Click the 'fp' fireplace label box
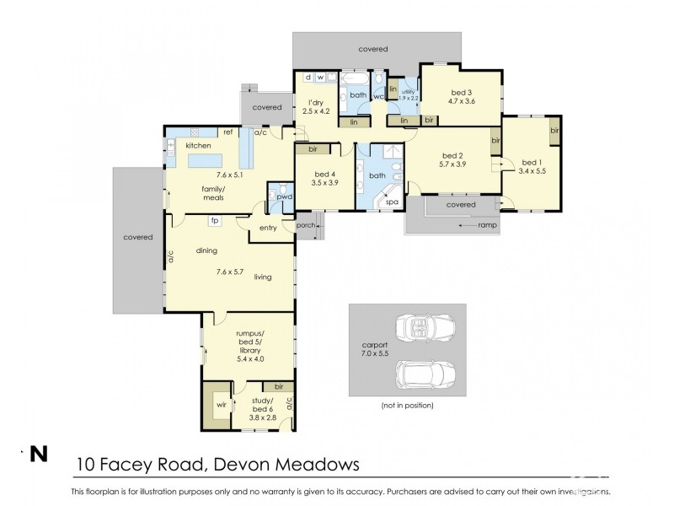click(215, 221)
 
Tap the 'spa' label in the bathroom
click(391, 202)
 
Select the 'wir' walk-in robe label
click(222, 404)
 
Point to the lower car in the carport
click(424, 374)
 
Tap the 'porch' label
click(306, 225)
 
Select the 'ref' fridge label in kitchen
click(227, 132)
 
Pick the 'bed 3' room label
click(462, 93)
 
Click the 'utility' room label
click(409, 91)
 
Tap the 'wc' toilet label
click(378, 97)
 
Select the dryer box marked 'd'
click(308, 78)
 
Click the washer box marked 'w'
click(321, 78)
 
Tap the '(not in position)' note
click(407, 406)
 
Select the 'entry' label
click(269, 228)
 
